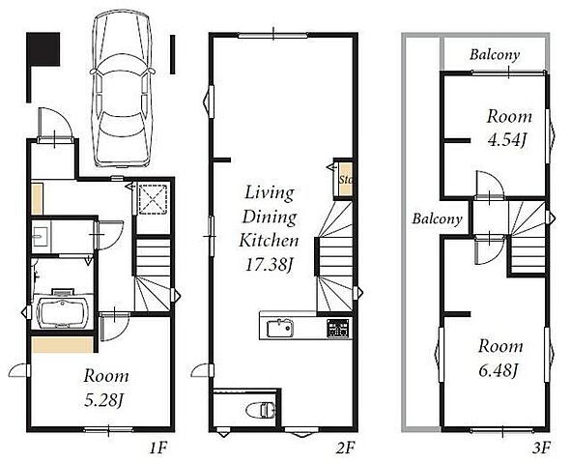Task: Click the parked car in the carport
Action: click(x=123, y=89)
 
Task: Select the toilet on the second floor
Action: click(x=260, y=410)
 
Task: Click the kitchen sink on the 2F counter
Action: click(x=279, y=328)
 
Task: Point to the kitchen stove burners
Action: click(x=337, y=328)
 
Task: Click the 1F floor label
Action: click(x=158, y=448)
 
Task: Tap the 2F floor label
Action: click(x=344, y=448)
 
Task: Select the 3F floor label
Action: click(x=541, y=448)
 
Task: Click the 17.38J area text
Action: click(x=269, y=265)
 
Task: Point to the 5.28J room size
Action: click(x=102, y=400)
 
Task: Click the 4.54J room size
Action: click(x=507, y=140)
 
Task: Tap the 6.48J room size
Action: click(x=499, y=371)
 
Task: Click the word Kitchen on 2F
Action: click(x=269, y=241)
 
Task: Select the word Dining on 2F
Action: click(x=270, y=217)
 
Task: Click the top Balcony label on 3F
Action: click(x=495, y=55)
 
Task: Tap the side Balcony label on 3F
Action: click(x=437, y=218)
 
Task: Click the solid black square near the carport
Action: click(x=43, y=49)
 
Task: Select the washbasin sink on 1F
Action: click(x=40, y=236)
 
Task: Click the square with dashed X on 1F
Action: click(x=154, y=199)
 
